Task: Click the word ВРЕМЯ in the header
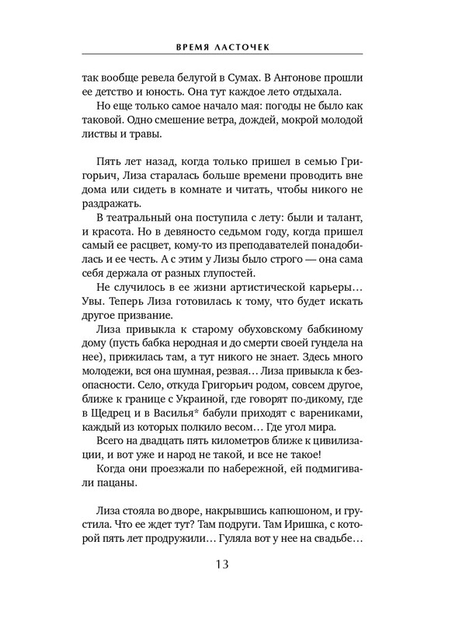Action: pos(197,45)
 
